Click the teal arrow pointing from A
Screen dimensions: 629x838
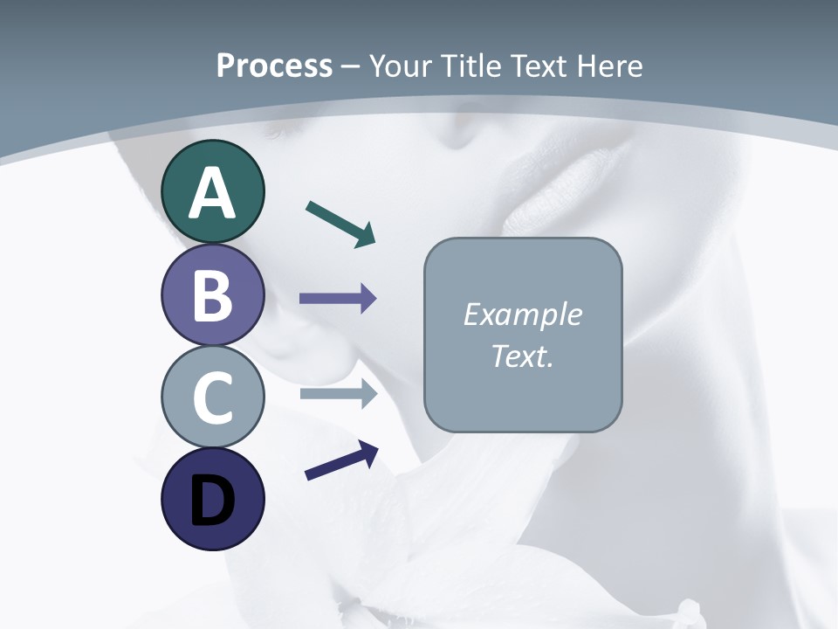340,224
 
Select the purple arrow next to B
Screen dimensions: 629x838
338,299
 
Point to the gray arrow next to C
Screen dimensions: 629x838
338,394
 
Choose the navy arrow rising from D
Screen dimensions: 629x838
341,460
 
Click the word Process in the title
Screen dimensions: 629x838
274,66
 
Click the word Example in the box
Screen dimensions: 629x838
522,314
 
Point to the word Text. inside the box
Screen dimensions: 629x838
522,356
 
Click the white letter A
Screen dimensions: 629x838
212,194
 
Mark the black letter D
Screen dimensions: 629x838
212,501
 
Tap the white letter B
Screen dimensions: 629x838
212,295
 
